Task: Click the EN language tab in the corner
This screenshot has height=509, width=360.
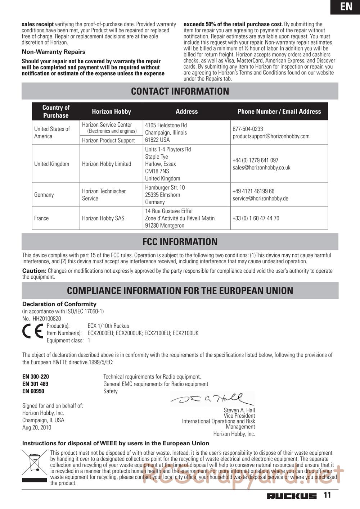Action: click(x=346, y=6)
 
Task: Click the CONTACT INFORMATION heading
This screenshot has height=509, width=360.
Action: click(x=180, y=91)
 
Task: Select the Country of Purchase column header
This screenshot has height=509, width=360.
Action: click(x=56, y=112)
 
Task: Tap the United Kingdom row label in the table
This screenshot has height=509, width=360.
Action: click(x=51, y=164)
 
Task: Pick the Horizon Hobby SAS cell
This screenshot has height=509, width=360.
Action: click(x=103, y=218)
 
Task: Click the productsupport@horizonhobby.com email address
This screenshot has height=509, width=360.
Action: click(x=271, y=136)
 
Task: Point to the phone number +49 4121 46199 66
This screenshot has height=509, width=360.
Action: click(x=253, y=191)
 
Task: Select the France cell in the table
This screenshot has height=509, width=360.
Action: click(x=41, y=218)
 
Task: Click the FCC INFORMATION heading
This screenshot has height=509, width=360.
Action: click(x=180, y=242)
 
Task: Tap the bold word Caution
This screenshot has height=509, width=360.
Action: click(x=34, y=271)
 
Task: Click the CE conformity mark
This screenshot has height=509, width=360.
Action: click(x=33, y=331)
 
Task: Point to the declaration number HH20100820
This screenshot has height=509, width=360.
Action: click(x=46, y=319)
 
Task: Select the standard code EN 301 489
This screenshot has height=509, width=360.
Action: click(x=35, y=384)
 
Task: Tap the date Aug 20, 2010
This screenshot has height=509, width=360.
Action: click(x=37, y=428)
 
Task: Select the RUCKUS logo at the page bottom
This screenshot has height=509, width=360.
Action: click(x=292, y=496)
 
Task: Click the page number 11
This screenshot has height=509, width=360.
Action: click(x=327, y=495)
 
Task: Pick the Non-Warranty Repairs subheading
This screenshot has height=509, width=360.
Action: click(x=53, y=52)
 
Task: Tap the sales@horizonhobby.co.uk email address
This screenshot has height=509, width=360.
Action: click(x=261, y=168)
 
